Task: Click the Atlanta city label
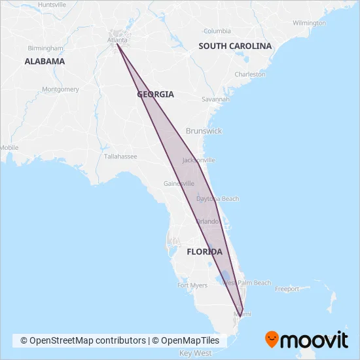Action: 118,40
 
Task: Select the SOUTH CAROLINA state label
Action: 235,46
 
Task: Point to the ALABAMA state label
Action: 45,62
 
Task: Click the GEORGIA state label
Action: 156,94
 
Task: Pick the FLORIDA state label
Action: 204,252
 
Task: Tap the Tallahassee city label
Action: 120,156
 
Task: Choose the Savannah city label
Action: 215,99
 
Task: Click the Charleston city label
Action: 250,75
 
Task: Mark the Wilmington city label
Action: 309,23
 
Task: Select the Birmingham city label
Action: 46,48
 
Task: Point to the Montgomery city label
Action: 60,89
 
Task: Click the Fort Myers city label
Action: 192,285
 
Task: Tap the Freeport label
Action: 287,289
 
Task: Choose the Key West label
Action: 195,353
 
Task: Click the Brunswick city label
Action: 204,131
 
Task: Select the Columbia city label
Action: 217,31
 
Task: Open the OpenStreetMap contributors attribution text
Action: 83,340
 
